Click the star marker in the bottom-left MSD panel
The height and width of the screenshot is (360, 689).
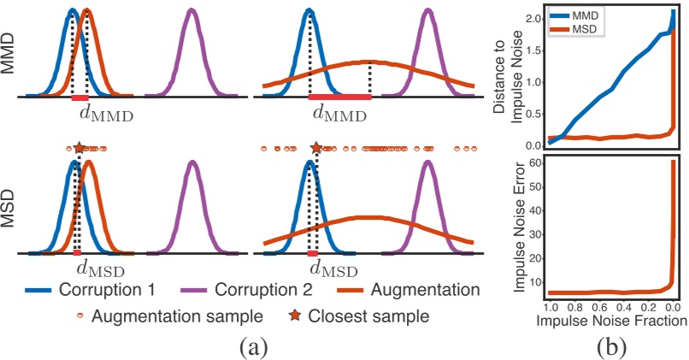click(79, 148)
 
